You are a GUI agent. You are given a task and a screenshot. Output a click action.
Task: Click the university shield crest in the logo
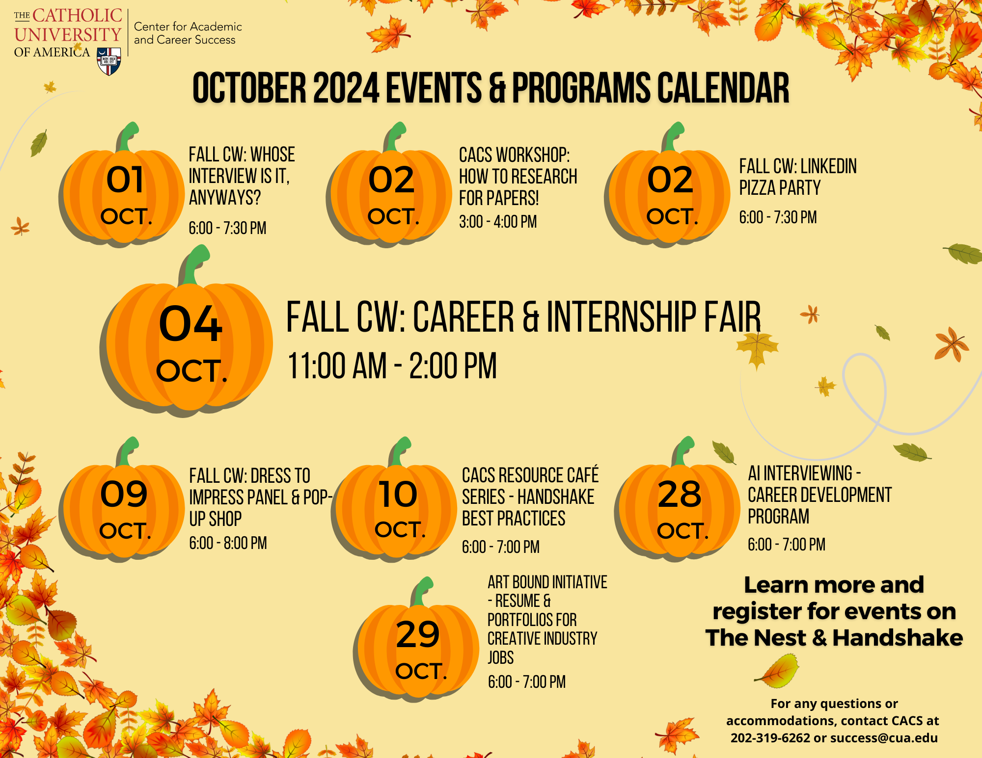click(x=109, y=61)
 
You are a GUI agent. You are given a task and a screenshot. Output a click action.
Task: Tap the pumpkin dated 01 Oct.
click(x=124, y=196)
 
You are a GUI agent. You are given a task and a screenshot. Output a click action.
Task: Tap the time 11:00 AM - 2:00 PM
click(x=392, y=366)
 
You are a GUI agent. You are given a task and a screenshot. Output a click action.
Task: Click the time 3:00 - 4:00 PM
click(x=497, y=222)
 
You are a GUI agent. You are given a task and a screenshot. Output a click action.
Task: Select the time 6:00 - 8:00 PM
click(x=228, y=543)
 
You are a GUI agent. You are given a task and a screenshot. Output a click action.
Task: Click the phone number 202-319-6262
click(x=770, y=738)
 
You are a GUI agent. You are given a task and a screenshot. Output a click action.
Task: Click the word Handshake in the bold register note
click(x=898, y=638)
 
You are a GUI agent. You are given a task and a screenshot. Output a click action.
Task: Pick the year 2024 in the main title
click(x=346, y=88)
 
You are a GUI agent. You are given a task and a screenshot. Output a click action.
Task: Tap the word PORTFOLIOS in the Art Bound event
click(x=532, y=620)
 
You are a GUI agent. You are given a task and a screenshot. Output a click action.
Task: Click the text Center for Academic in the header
click(x=188, y=26)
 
